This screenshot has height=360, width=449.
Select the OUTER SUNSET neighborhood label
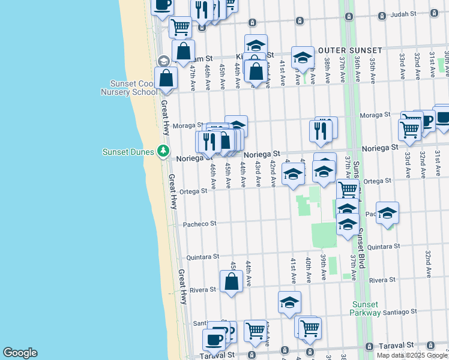[350, 50]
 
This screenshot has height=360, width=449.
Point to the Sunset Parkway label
[366, 308]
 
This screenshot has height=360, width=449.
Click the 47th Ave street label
[193, 78]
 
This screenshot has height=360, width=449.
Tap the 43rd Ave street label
[258, 172]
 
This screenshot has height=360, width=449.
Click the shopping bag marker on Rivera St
[231, 281]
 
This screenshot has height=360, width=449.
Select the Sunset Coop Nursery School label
[133, 88]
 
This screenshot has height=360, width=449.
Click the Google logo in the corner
[20, 353]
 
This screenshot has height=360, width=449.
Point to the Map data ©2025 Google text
[412, 355]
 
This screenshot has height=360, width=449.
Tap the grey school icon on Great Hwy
[163, 61]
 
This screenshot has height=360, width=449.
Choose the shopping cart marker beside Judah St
[179, 26]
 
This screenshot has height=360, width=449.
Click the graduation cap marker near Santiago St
[289, 302]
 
